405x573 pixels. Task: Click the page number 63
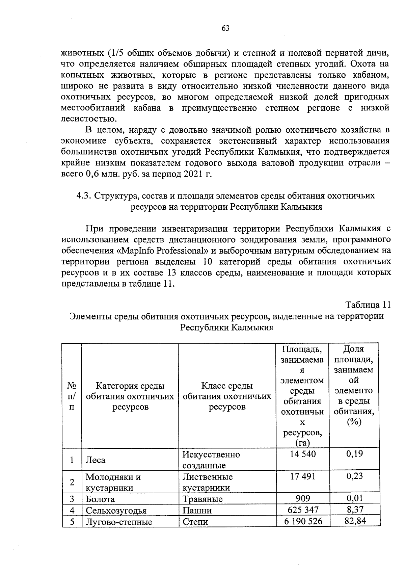point(225,29)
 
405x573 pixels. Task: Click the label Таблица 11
point(368,305)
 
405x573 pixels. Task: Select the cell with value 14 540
point(303,454)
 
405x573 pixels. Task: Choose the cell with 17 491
point(303,476)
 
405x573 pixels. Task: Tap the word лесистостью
point(89,119)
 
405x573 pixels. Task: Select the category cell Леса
point(96,460)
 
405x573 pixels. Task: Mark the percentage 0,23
point(355,476)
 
